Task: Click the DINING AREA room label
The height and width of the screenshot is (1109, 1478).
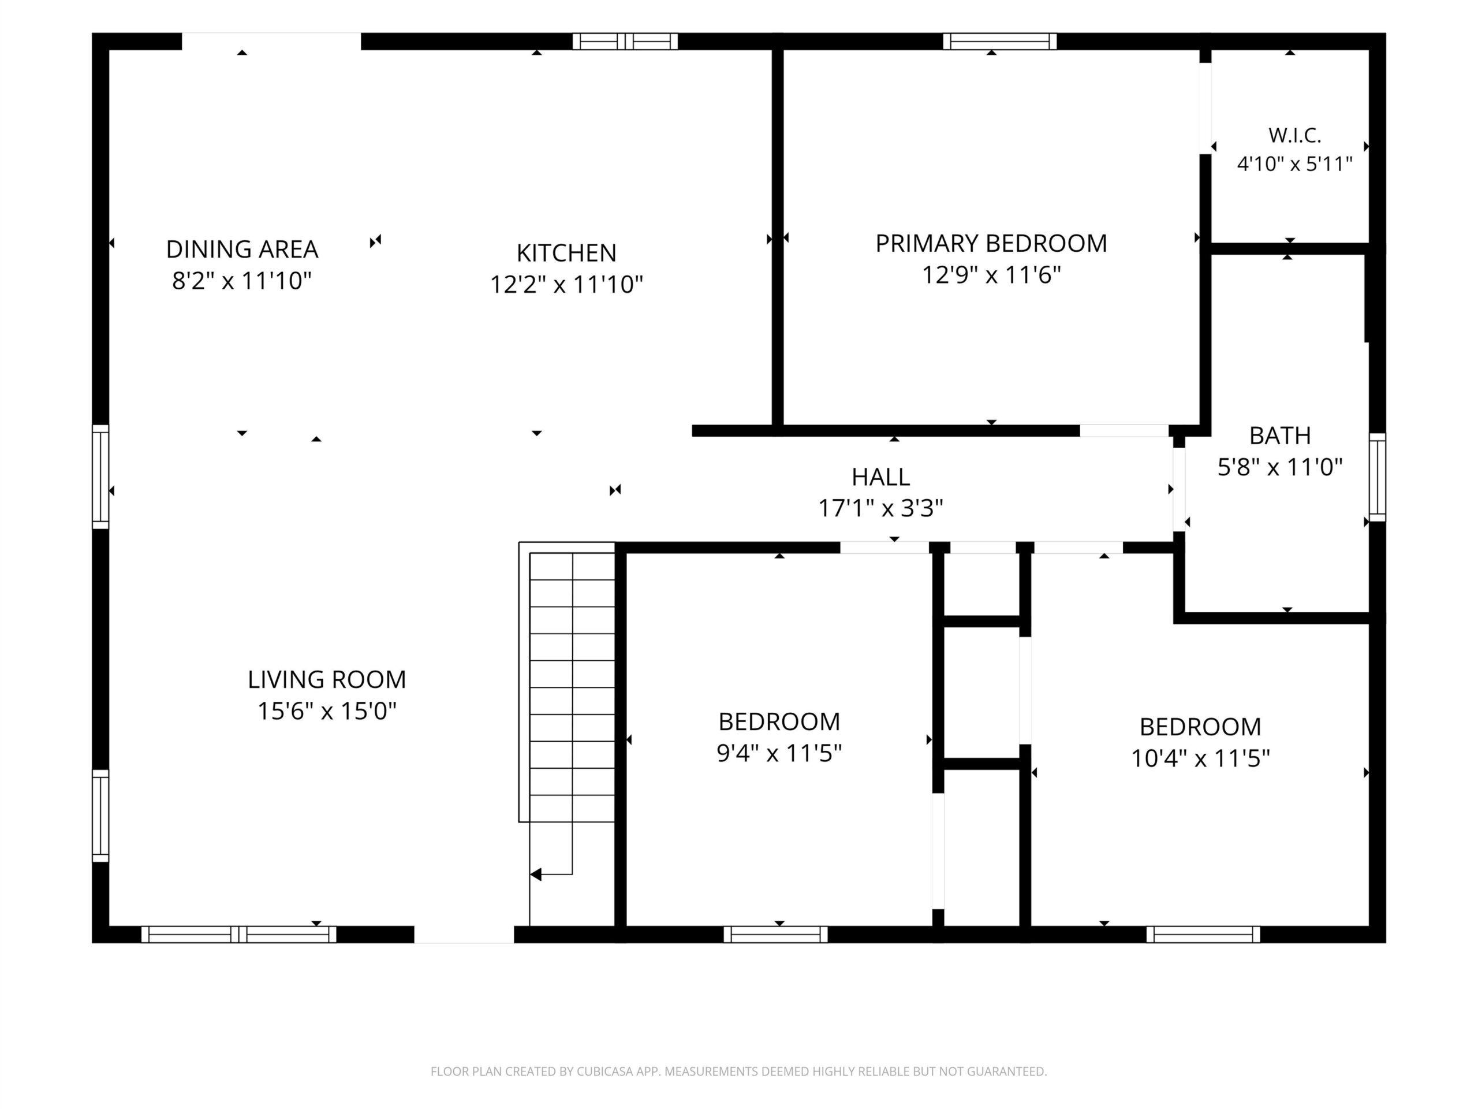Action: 242,250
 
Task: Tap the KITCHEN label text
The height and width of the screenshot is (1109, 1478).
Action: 566,252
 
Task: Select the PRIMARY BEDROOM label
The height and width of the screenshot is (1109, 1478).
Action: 991,243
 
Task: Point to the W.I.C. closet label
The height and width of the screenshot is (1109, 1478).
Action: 1294,136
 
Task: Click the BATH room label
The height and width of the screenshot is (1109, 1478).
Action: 1279,436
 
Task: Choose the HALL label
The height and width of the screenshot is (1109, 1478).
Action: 880,477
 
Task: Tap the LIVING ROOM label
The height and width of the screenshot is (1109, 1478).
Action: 327,680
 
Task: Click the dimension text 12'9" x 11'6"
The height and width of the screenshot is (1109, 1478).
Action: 991,275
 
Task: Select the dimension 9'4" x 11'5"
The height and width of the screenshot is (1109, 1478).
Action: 779,753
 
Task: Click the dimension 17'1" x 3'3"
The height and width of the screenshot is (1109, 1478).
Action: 880,509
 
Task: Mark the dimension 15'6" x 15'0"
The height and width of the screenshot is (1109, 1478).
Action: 327,710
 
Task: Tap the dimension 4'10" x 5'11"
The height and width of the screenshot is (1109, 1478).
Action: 1294,165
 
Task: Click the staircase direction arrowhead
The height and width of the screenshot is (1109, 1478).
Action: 536,874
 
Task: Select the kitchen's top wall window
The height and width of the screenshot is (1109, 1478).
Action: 625,42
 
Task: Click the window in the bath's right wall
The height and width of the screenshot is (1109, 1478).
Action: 1377,477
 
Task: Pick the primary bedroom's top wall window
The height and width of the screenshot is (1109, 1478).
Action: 999,42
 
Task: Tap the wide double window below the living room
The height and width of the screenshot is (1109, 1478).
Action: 238,934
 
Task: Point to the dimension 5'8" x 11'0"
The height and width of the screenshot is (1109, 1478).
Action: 1279,467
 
